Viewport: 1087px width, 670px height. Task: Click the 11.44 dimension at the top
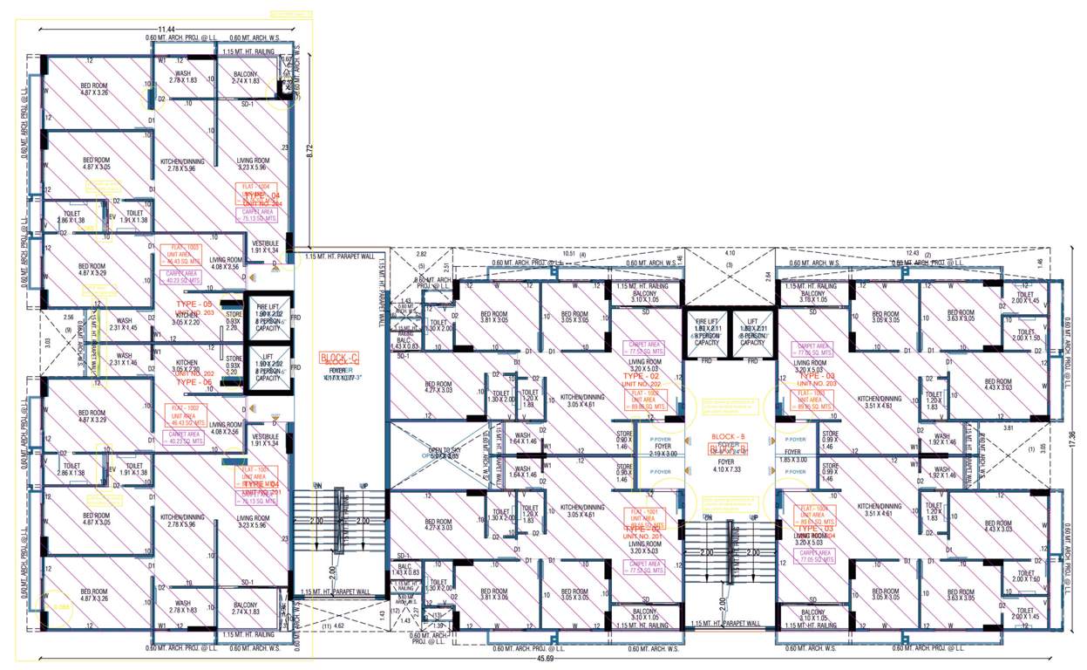[158, 29]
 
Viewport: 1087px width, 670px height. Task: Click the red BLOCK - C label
[341, 359]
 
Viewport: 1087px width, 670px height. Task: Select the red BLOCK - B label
[729, 437]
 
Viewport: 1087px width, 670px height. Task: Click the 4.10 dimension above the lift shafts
[729, 253]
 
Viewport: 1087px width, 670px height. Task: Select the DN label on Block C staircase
[318, 485]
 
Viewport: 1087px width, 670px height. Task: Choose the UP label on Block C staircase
[364, 485]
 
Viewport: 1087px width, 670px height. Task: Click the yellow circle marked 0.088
[62, 607]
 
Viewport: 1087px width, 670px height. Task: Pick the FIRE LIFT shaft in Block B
[703, 331]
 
